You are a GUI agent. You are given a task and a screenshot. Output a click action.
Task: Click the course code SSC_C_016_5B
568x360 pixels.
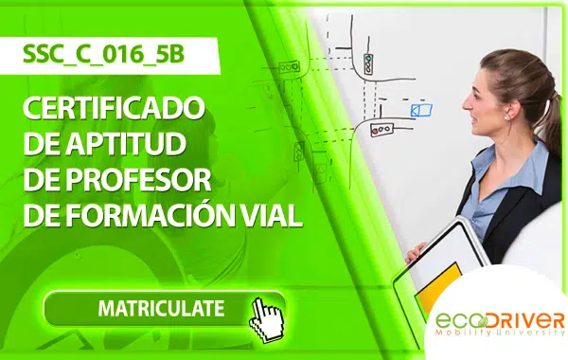pyautogui.click(x=103, y=54)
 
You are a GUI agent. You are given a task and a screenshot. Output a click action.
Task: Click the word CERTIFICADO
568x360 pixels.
pyautogui.click(x=115, y=108)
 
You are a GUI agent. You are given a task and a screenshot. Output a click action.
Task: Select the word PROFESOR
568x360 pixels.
pyautogui.click(x=138, y=179)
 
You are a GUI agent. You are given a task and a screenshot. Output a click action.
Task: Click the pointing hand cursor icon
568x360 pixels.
pyautogui.click(x=267, y=320)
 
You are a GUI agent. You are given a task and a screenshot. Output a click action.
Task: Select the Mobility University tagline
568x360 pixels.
pyautogui.click(x=500, y=333)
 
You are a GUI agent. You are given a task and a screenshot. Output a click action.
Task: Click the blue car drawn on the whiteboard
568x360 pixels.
pyautogui.click(x=421, y=110)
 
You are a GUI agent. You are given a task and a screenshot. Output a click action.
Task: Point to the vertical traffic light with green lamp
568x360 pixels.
pyautogui.click(x=368, y=63)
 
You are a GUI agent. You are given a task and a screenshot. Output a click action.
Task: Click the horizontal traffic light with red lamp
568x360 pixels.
pyautogui.click(x=382, y=129)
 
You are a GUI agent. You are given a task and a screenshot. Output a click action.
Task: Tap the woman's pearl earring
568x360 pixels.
pyautogui.click(x=507, y=117)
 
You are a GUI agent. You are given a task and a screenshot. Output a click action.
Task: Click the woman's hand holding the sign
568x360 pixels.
pyautogui.click(x=415, y=253)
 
